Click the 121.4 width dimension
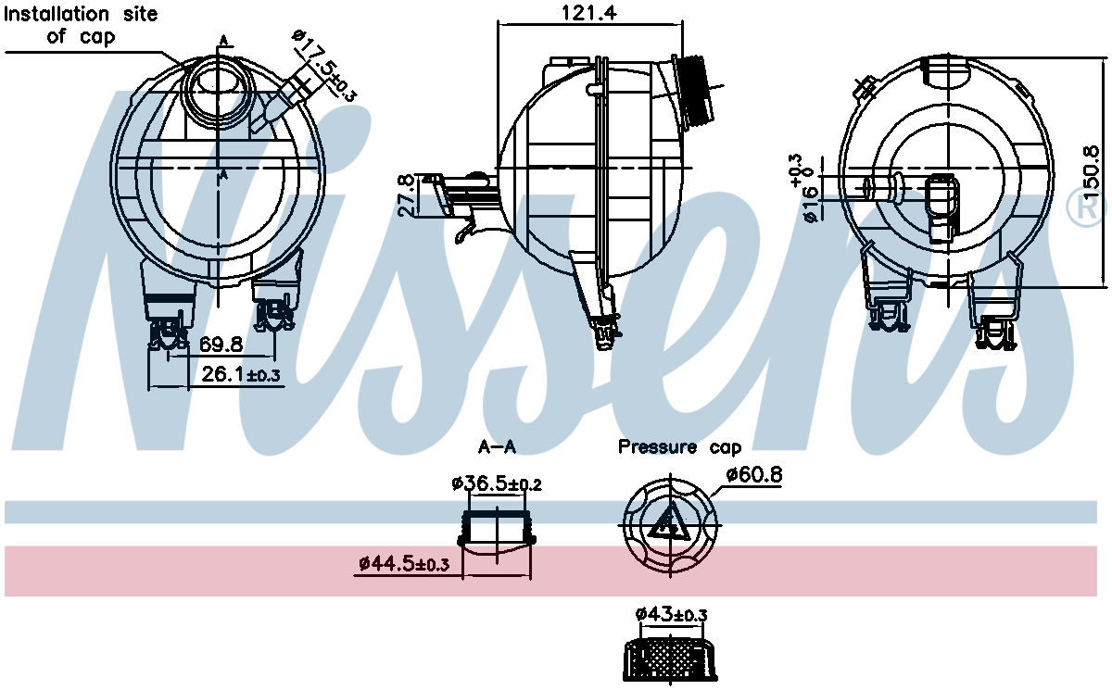[589, 13]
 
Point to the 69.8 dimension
[221, 345]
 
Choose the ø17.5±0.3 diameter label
[324, 65]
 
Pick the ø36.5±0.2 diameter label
[497, 483]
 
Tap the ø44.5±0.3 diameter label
[404, 563]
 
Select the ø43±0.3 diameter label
[671, 614]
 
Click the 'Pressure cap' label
[679, 448]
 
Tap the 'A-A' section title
[497, 448]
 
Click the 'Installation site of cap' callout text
[82, 25]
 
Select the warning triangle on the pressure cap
[667, 526]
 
